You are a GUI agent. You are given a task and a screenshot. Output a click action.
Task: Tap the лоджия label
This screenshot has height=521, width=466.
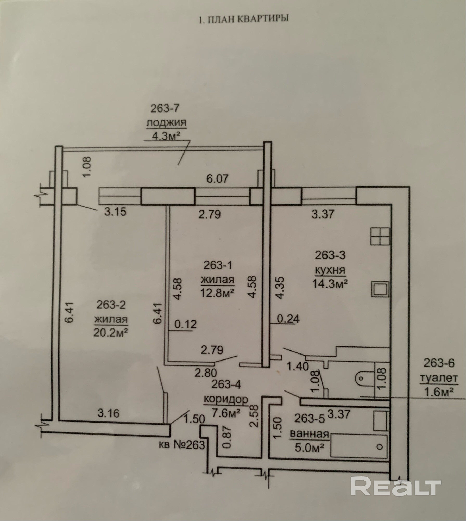(166, 122)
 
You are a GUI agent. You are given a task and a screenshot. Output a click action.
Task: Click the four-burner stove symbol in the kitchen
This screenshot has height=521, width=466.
(380, 236)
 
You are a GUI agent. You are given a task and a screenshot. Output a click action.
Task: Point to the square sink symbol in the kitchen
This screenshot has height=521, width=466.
(380, 289)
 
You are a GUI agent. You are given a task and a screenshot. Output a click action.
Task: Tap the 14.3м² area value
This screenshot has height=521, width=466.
(330, 283)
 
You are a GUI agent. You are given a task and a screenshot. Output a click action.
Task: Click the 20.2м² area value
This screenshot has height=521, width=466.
(111, 332)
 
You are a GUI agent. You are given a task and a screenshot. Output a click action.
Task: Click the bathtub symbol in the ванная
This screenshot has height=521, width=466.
(358, 446)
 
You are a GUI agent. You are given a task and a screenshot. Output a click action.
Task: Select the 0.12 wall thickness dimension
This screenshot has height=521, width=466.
(185, 325)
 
